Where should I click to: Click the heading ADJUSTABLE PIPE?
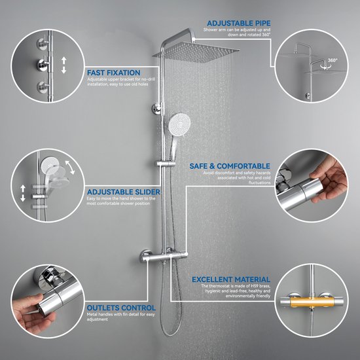click(238, 23)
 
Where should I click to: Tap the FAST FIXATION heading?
click(114, 73)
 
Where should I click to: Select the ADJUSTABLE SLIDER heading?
click(124, 192)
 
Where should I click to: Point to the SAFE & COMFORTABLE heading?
click(230, 166)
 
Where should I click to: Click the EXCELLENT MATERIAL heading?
click(231, 279)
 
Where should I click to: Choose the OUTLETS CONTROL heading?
click(121, 308)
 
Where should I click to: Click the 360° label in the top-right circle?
click(333, 60)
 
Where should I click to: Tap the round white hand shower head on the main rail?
click(179, 125)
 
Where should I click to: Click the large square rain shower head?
click(196, 52)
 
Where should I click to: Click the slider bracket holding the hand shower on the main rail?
click(166, 164)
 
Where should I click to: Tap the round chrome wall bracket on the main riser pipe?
click(158, 108)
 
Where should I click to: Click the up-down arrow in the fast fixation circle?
click(64, 65)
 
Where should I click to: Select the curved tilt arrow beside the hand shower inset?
click(70, 167)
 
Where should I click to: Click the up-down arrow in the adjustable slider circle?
click(23, 193)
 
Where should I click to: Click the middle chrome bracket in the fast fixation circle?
click(44, 65)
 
